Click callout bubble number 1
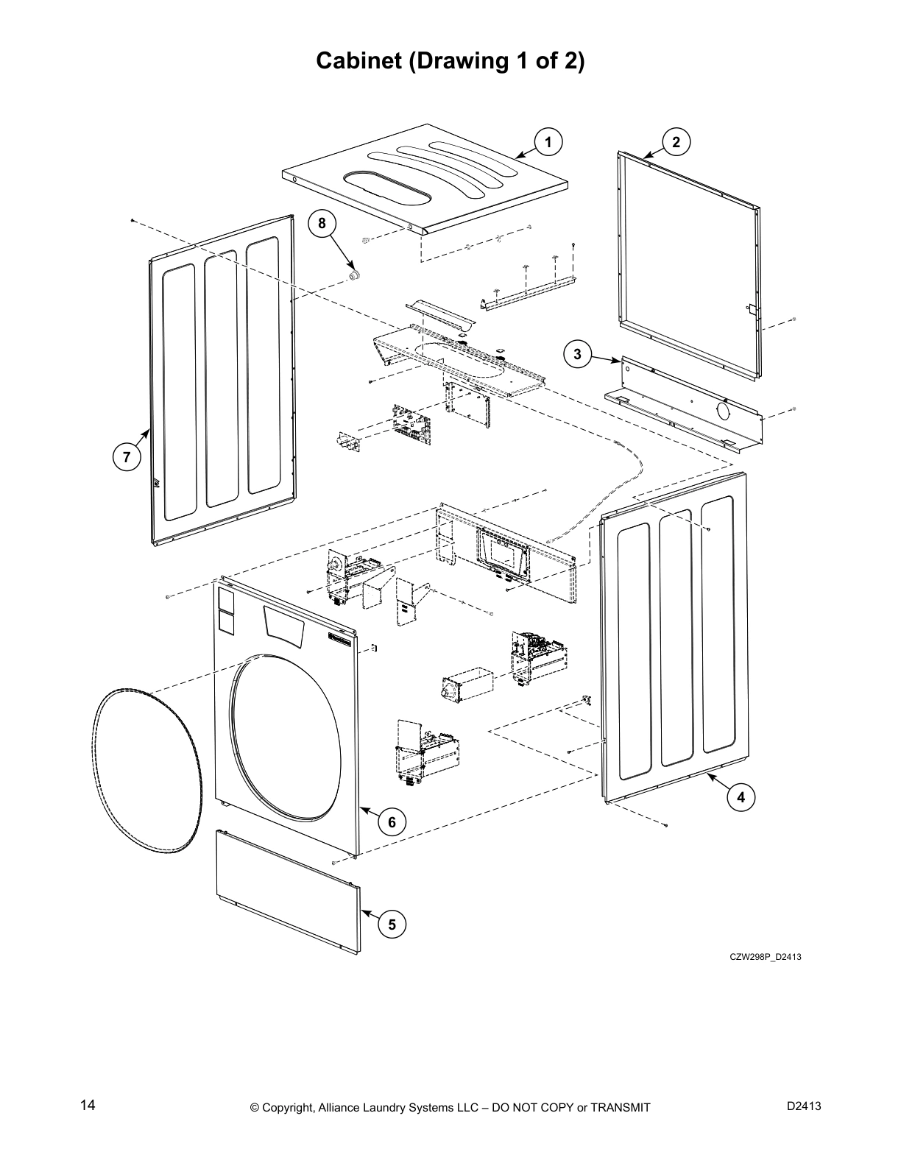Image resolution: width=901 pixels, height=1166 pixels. pos(548,142)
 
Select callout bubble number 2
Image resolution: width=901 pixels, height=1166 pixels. pos(676,142)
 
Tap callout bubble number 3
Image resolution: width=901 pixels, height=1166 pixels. pos(577,354)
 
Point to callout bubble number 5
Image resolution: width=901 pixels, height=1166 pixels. pos(392,924)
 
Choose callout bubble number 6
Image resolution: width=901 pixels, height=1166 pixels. pos(392,821)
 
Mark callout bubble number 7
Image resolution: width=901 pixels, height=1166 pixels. pos(127,457)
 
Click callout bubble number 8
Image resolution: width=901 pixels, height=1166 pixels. pos(322,222)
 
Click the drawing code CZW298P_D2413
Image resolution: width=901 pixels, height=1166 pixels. pos(765,957)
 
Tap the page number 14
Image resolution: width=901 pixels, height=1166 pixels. pos(88,1106)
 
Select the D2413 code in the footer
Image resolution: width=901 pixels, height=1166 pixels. pos(804,1106)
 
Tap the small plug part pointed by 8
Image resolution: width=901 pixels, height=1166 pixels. pos(355,275)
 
